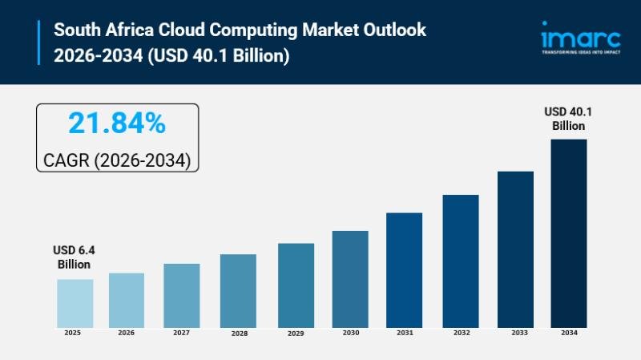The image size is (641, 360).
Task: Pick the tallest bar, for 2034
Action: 568,233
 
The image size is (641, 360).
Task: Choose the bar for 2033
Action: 515,249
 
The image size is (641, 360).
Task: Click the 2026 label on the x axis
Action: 127,333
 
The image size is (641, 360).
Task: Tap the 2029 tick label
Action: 296,333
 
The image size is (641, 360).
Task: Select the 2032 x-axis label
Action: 460,333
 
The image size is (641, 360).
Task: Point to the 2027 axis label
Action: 181,333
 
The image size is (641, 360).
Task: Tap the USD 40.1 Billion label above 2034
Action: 568,119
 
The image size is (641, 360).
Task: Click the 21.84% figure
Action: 117,123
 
